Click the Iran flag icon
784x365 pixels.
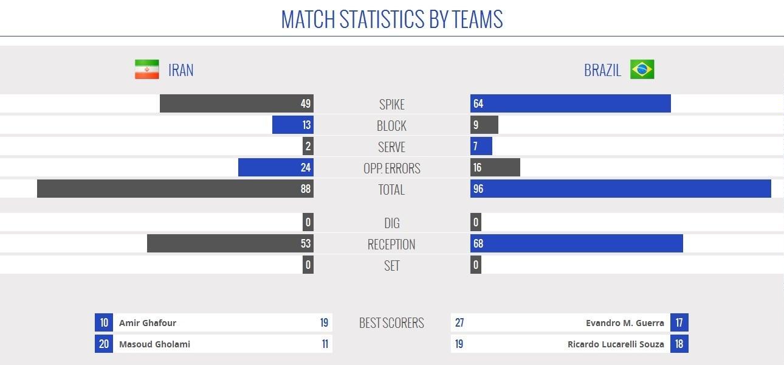point(146,70)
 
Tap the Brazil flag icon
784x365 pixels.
point(642,70)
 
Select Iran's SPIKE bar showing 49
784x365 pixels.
point(236,103)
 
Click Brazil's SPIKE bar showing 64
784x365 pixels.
point(570,103)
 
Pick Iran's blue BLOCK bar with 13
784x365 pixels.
point(293,125)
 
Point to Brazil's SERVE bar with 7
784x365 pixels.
point(481,146)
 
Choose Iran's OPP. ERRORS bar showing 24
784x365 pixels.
point(275,167)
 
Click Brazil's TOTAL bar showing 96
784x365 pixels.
point(621,189)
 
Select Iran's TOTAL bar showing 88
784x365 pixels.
point(175,189)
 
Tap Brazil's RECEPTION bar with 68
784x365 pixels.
point(576,243)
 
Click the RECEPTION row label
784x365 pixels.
point(391,245)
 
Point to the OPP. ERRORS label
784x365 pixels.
point(391,169)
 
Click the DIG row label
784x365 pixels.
point(391,223)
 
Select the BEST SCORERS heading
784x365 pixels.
point(391,323)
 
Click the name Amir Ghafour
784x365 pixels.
point(148,323)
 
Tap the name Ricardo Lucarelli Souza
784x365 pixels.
point(616,344)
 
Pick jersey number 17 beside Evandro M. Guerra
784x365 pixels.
point(679,323)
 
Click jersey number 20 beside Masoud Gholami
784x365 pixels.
point(104,344)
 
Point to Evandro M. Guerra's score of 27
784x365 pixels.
point(459,323)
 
